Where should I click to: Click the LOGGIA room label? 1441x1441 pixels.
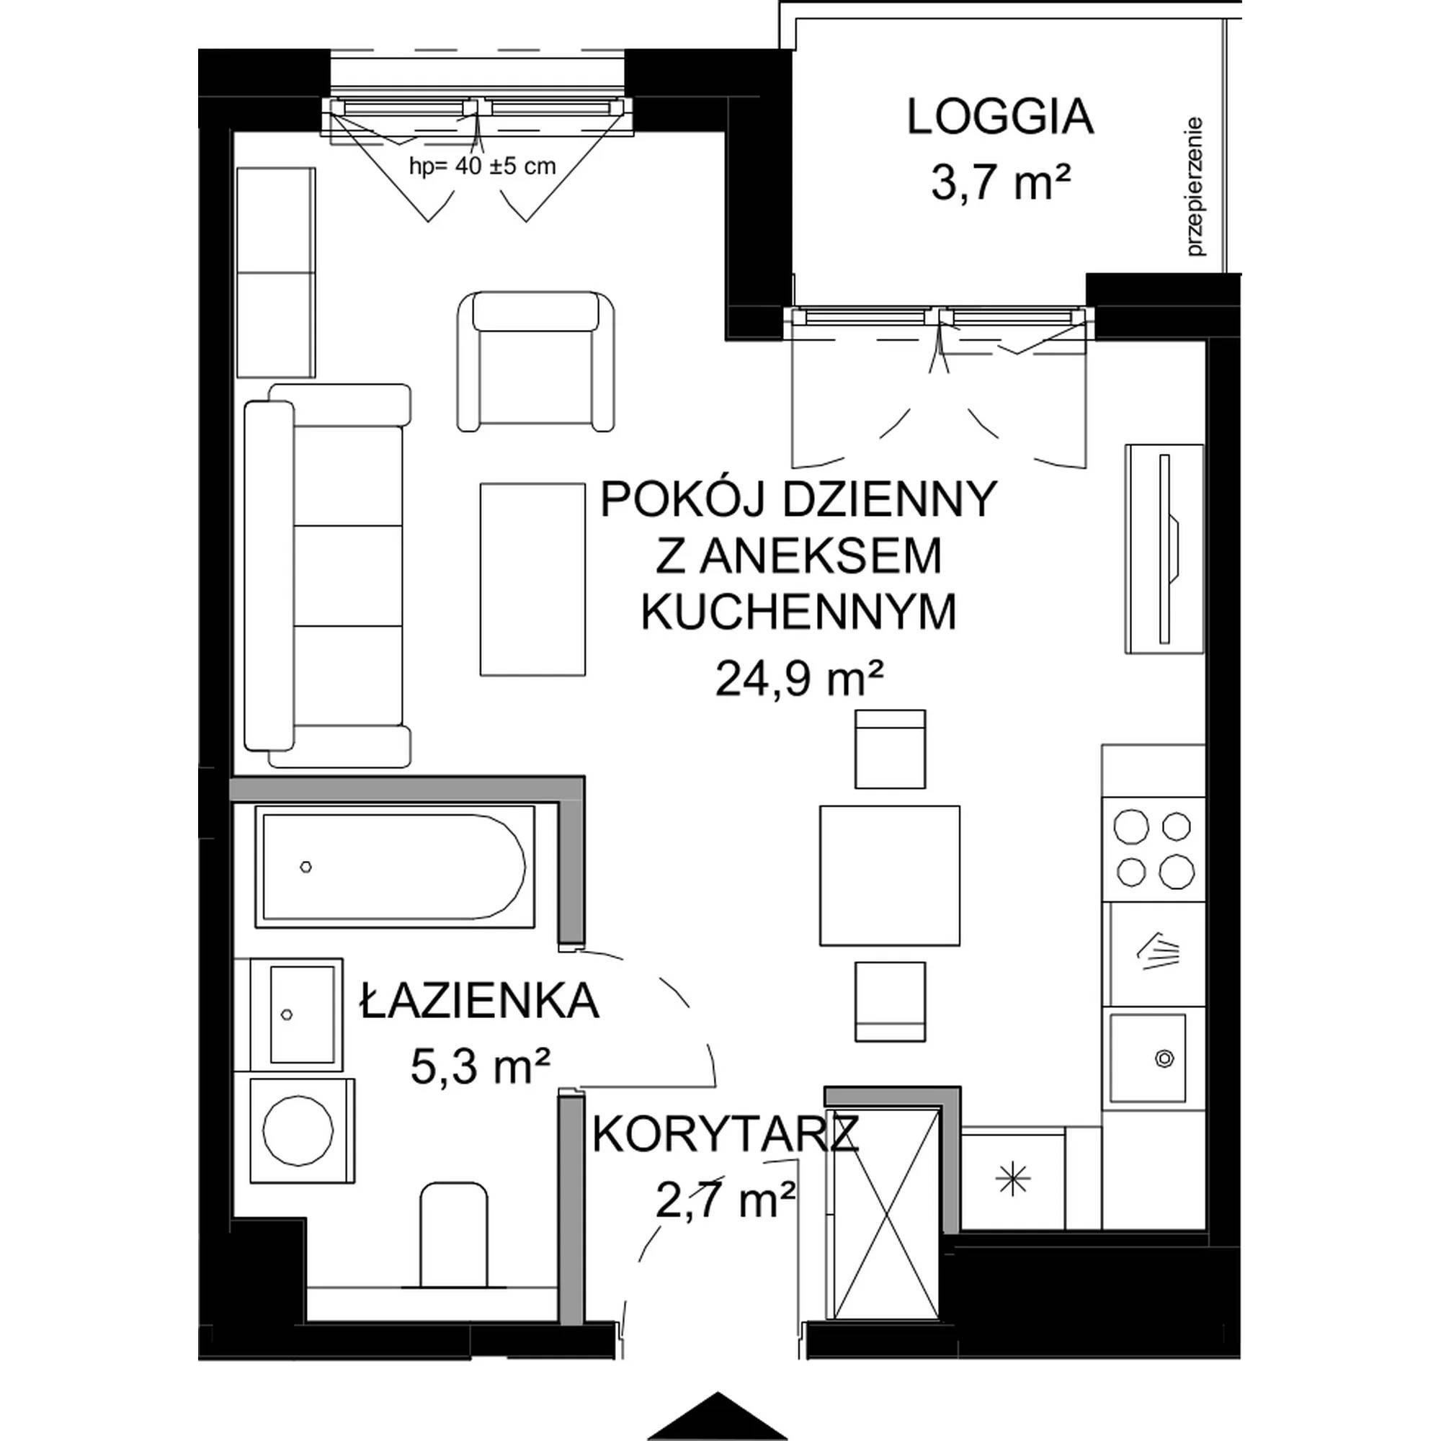tap(999, 119)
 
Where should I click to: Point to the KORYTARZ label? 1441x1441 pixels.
tap(726, 1136)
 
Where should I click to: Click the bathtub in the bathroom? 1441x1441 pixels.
tap(395, 867)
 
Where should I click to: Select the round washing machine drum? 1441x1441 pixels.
tap(298, 1130)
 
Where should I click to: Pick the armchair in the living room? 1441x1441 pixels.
tap(535, 361)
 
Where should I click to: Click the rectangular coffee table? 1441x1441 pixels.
tap(532, 579)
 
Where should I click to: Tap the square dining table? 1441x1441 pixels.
tap(889, 875)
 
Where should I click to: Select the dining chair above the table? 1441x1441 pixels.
tap(890, 749)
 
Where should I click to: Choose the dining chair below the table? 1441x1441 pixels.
tap(890, 1001)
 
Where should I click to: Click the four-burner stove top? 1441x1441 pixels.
tap(1154, 849)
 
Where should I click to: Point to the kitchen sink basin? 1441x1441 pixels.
tap(1147, 1058)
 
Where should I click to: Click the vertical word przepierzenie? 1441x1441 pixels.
tap(1195, 187)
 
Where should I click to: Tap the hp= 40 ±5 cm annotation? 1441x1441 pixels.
tap(483, 166)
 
